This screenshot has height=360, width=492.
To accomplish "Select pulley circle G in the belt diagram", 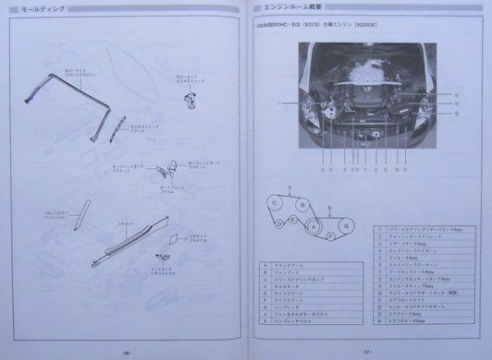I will click(x=346, y=225).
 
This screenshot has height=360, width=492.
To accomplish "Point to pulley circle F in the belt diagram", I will click(x=329, y=236).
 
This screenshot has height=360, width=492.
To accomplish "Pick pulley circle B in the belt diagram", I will click(x=303, y=205).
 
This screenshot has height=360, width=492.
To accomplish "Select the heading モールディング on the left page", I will click(x=39, y=7).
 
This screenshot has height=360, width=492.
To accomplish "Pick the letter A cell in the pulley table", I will click(x=265, y=264).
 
